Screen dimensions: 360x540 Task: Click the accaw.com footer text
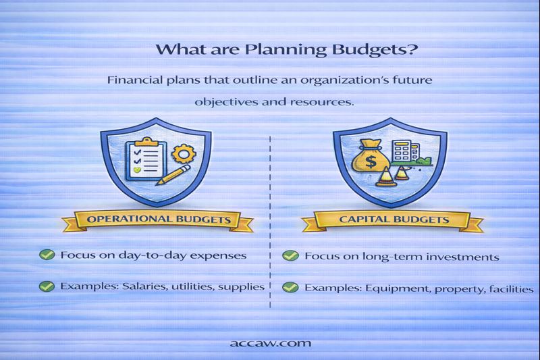[271, 342]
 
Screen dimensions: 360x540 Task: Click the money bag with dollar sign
[369, 158]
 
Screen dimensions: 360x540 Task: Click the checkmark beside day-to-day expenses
[47, 255]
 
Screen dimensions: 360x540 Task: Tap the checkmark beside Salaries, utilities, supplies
[47, 286]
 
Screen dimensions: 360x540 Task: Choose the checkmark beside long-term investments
[290, 256]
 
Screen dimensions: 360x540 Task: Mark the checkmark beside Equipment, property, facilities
[290, 287]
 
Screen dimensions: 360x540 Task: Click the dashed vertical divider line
[270, 223]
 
